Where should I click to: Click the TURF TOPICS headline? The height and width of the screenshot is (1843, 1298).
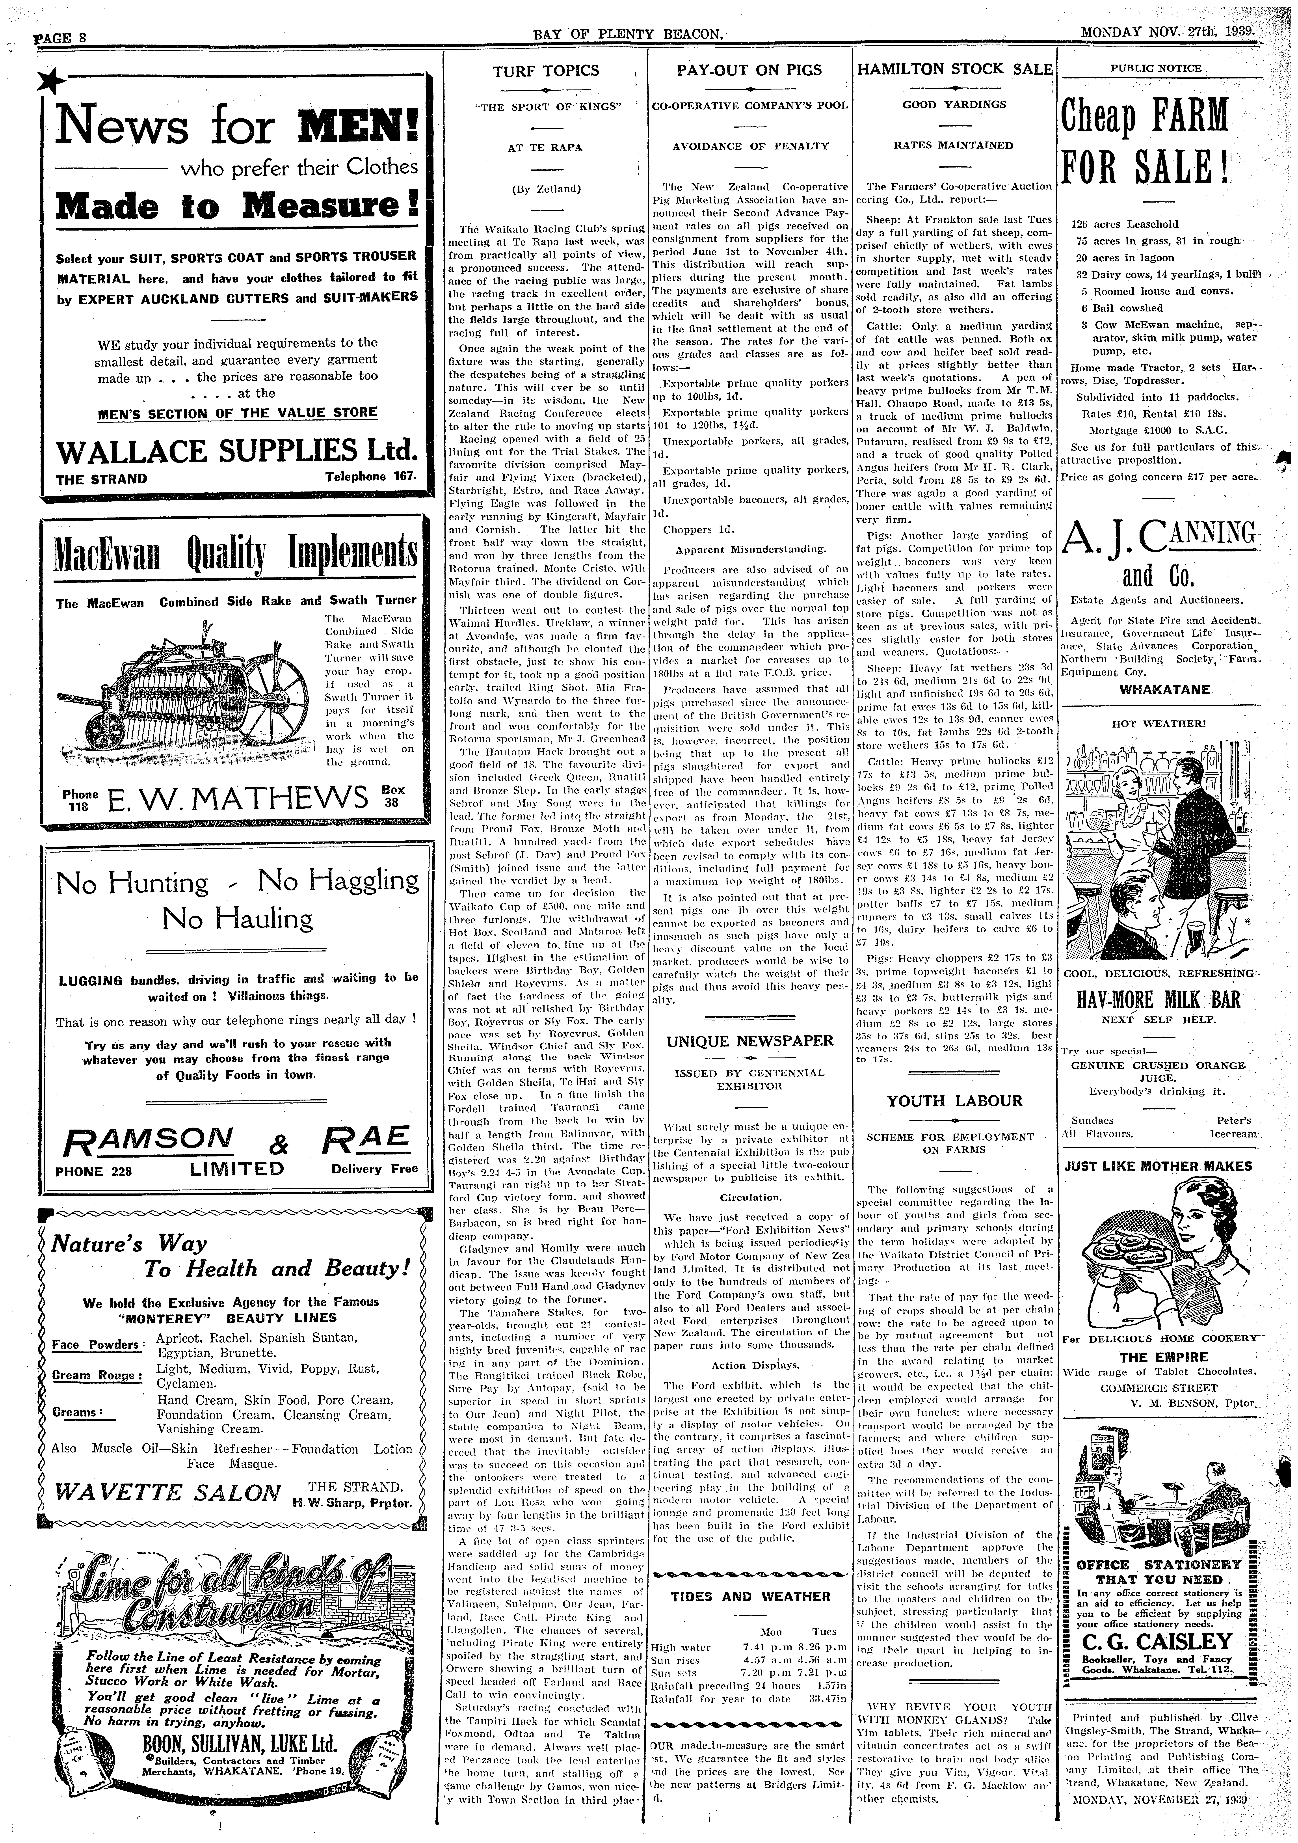546,71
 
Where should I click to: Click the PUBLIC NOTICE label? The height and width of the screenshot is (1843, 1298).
1156,68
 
